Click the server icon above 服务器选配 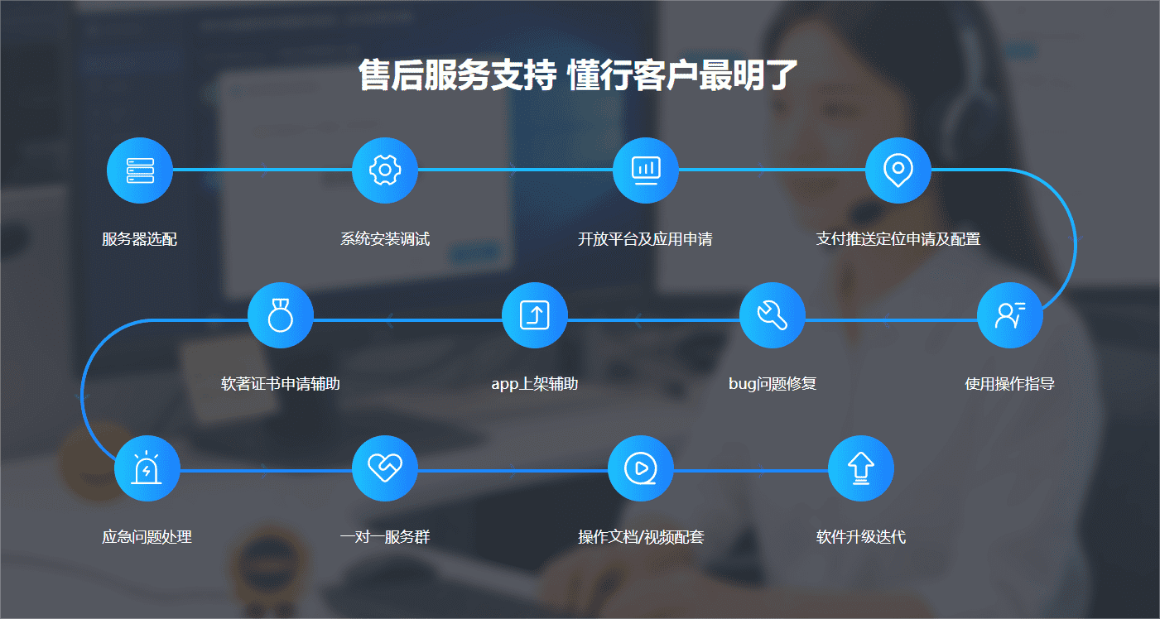140,170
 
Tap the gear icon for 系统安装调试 385,170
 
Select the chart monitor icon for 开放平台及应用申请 645,170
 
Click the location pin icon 898,170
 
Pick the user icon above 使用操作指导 1009,315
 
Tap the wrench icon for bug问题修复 772,315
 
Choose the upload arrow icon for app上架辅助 535,315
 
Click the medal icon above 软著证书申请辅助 281,315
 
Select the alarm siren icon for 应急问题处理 147,468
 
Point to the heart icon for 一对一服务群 385,468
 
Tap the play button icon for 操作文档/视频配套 640,468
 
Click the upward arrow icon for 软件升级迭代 861,468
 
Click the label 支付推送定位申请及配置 898,239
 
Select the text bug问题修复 773,384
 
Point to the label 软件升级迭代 861,537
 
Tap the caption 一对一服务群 385,537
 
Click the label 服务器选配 140,239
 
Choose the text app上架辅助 535,384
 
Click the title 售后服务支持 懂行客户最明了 578,75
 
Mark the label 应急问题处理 147,537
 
